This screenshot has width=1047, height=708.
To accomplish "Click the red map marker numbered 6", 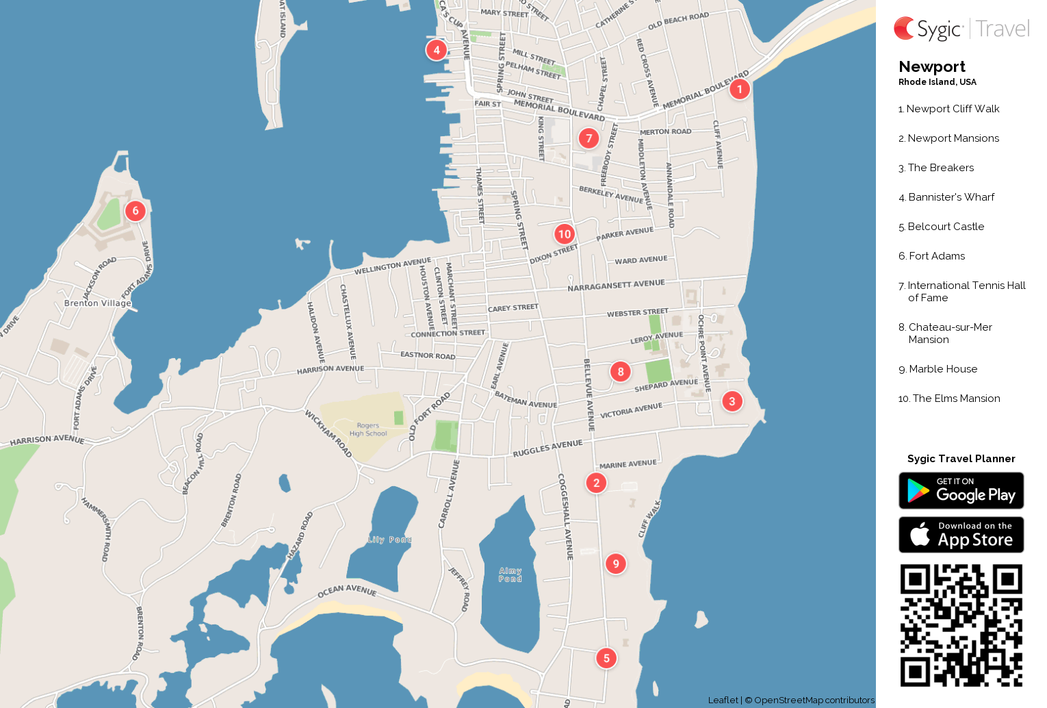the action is [x=135, y=211].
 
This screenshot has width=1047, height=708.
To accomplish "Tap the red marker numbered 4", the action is [x=437, y=50].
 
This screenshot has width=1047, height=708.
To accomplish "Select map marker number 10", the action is [x=565, y=234].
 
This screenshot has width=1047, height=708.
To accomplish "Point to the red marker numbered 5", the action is [x=606, y=658].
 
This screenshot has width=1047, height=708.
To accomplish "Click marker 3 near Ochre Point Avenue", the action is [x=732, y=401].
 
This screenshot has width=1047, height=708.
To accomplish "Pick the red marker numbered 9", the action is [x=616, y=564].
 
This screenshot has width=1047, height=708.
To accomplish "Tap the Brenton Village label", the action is [x=97, y=303].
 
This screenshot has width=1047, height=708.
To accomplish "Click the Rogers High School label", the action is [x=368, y=429].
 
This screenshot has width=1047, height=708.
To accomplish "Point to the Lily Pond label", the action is [x=389, y=540].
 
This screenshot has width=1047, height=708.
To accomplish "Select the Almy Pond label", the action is [x=510, y=574].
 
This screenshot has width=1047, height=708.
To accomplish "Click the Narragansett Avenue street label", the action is [x=616, y=286].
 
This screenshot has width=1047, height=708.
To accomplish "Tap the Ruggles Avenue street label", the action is [x=547, y=448].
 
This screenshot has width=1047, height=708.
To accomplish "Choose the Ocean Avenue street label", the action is [x=347, y=590].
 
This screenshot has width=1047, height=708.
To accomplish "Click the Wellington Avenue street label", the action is [x=393, y=266].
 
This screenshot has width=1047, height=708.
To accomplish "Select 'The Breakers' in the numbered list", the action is [x=940, y=168].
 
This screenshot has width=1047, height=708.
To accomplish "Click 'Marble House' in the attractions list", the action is [x=942, y=369].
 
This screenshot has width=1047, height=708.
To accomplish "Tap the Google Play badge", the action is [x=961, y=491].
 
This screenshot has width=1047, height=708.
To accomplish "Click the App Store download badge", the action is [x=961, y=535].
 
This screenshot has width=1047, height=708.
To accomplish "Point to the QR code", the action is [x=961, y=625].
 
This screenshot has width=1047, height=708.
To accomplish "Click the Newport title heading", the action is [x=932, y=66].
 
